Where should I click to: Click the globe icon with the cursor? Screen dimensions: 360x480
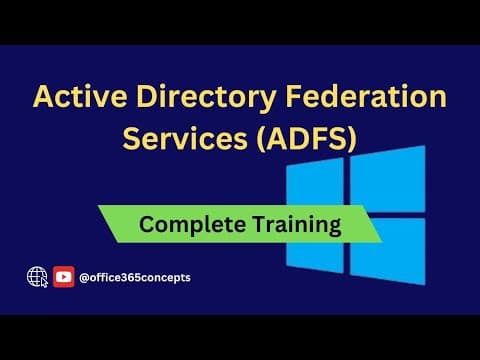tap(38, 275)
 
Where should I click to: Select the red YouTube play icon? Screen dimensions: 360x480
tap(64, 276)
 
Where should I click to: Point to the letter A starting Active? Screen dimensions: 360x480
tap(44, 98)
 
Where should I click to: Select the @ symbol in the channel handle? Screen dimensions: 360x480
tap(85, 277)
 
